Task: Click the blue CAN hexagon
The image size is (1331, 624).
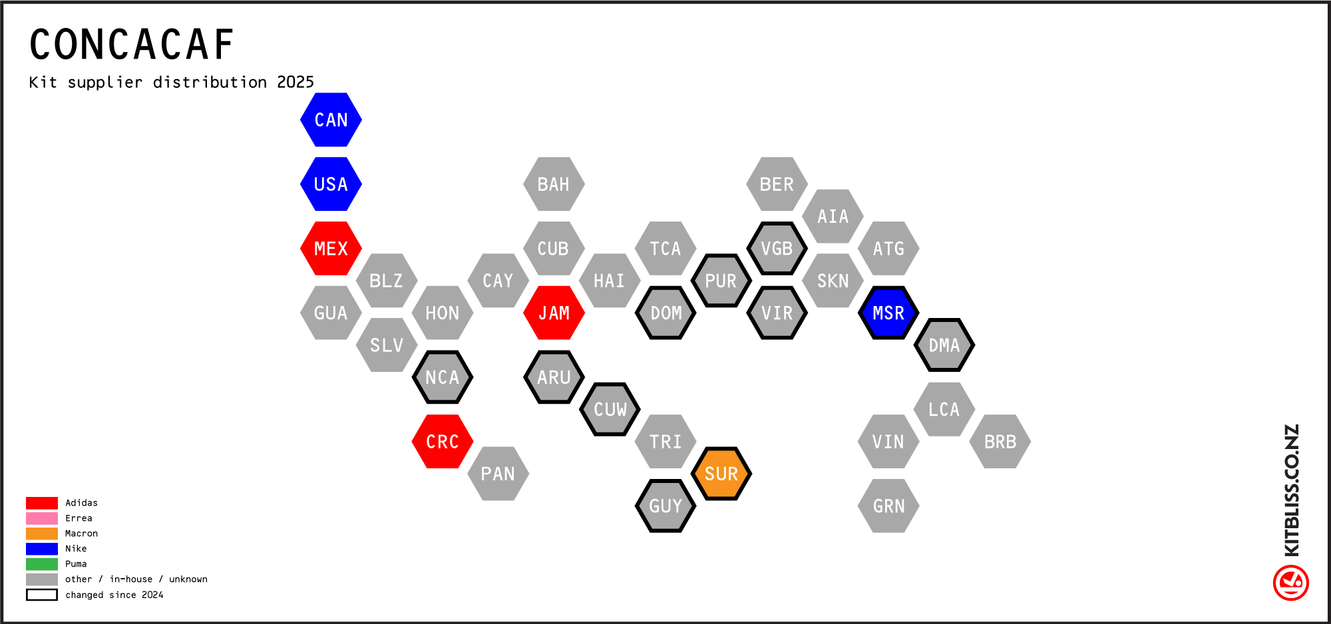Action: pyautogui.click(x=331, y=120)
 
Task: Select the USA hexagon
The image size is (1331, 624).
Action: pyautogui.click(x=331, y=184)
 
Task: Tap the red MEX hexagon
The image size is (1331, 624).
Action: pyautogui.click(x=331, y=248)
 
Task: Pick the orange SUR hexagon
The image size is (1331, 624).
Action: pyautogui.click(x=721, y=474)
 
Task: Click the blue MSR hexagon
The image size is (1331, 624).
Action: pyautogui.click(x=888, y=313)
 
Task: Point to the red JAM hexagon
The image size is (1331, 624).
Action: pyautogui.click(x=554, y=313)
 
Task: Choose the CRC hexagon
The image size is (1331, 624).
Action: pyautogui.click(x=443, y=442)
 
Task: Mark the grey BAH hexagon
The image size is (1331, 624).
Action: pyautogui.click(x=554, y=184)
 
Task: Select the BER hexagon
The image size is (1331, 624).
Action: pyautogui.click(x=777, y=184)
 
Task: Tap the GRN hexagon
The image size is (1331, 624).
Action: pyautogui.click(x=888, y=506)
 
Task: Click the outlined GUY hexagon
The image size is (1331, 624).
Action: pyautogui.click(x=665, y=506)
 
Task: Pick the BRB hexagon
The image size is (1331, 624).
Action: pyautogui.click(x=1000, y=442)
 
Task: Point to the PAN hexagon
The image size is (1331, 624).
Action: pyautogui.click(x=498, y=474)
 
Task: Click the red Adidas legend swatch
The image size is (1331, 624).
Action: pyautogui.click(x=42, y=503)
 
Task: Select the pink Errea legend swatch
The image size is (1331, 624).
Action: pyautogui.click(x=42, y=518)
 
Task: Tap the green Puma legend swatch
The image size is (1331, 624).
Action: pyautogui.click(x=42, y=564)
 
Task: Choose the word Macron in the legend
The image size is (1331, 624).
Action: pyautogui.click(x=81, y=534)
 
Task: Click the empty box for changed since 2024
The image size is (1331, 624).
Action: pyautogui.click(x=42, y=595)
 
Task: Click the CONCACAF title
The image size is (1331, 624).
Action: pyautogui.click(x=132, y=45)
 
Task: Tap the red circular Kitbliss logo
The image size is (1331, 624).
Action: pyautogui.click(x=1291, y=583)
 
